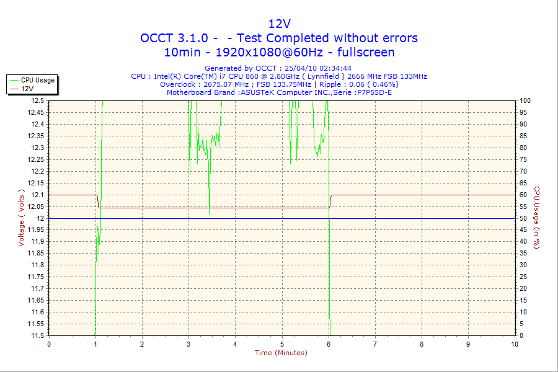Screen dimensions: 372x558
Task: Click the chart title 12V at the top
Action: coord(279,24)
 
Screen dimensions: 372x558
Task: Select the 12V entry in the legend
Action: coord(27,89)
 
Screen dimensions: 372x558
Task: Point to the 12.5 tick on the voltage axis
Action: coord(37,100)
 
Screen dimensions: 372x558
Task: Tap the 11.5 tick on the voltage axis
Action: coord(37,335)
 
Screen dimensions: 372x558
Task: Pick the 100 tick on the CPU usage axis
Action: coord(525,100)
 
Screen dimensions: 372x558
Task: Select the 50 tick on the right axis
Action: coord(523,218)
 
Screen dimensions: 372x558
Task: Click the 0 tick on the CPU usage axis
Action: coord(521,335)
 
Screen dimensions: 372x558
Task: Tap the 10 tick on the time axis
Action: coord(514,343)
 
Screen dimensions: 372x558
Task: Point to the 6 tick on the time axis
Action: coord(329,343)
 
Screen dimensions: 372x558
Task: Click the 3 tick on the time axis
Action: coord(188,343)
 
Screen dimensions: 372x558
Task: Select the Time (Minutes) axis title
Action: coord(281,353)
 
